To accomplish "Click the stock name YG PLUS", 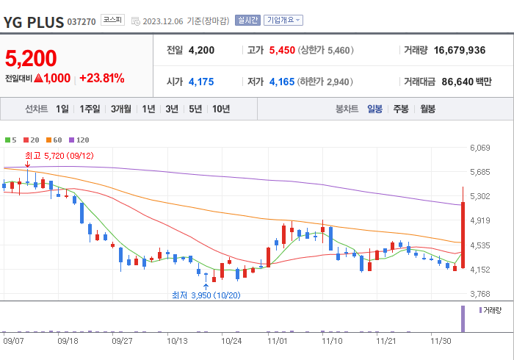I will pos(33,21).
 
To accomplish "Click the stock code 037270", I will pos(81,22).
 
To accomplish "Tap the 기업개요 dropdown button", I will pos(283,21).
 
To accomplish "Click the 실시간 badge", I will pos(247,21).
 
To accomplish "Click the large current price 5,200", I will pos(31,58).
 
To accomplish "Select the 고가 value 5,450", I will pos(282,50).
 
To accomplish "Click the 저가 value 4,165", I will pos(282,81).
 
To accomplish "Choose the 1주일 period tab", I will pos(90,109).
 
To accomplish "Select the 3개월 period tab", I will pos(121,109).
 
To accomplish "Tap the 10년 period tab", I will pos(220,109).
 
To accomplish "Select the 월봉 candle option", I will pos(428,109).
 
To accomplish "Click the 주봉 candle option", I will pos(401,109).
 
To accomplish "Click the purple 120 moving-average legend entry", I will pos(79,140).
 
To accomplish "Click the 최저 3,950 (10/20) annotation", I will pos(206,295).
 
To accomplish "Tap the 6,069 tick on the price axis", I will pos(479,148).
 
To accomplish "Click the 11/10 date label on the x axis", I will pos(333,341).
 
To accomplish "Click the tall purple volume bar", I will pos(463,318).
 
